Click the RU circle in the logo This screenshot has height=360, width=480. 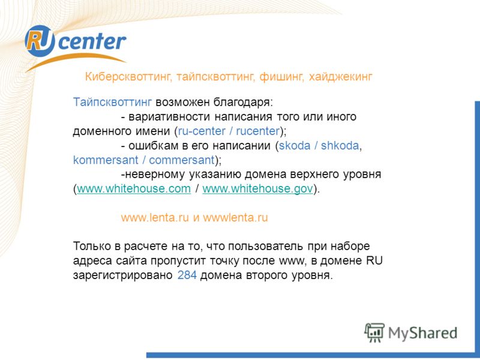(40, 41)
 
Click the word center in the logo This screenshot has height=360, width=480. (92, 41)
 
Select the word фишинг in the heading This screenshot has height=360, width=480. (281, 77)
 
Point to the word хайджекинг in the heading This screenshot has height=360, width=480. (340, 77)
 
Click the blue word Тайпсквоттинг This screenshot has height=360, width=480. (112, 102)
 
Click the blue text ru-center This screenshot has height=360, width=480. (202, 131)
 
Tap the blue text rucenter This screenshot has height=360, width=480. (258, 131)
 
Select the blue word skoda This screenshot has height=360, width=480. (295, 145)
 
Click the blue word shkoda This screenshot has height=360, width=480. (340, 145)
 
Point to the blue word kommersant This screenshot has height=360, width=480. (106, 160)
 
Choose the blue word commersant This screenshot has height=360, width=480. (182, 160)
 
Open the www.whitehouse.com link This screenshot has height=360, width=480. (134, 189)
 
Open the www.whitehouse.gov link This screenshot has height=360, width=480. (258, 189)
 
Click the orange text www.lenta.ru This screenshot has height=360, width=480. (155, 218)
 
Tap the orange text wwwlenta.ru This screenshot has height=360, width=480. (235, 218)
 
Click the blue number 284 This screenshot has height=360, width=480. (187, 275)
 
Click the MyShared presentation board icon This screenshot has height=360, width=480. (374, 332)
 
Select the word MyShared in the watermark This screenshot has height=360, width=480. (423, 334)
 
